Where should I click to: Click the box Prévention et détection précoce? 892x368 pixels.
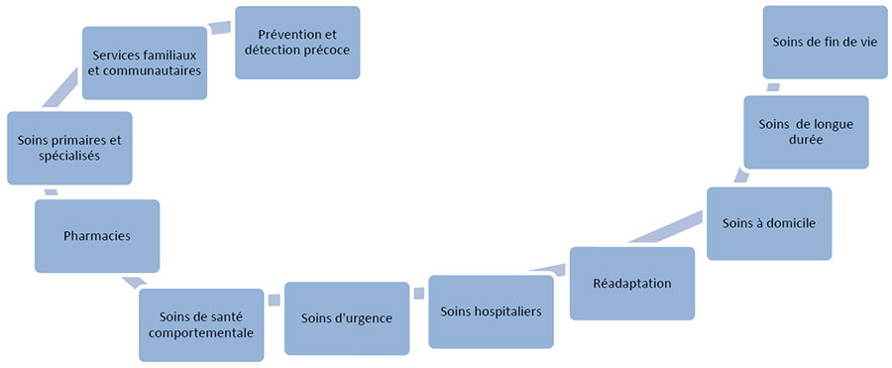click(297, 43)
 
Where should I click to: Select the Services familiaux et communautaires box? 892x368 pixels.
click(145, 62)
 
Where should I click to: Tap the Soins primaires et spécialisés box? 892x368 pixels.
click(69, 148)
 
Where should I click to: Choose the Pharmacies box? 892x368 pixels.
click(97, 236)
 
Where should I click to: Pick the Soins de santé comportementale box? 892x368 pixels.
click(201, 324)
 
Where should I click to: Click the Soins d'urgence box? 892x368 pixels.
click(347, 318)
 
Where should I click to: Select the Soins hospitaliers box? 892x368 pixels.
click(491, 311)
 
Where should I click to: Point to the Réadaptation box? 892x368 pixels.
click(632, 284)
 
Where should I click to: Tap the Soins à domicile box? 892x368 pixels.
click(769, 223)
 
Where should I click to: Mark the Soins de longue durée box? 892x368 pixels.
click(806, 132)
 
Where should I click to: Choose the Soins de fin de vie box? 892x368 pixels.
click(825, 42)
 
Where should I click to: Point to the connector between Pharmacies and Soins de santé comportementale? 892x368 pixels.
click(131, 282)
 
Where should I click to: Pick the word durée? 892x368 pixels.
click(806, 141)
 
